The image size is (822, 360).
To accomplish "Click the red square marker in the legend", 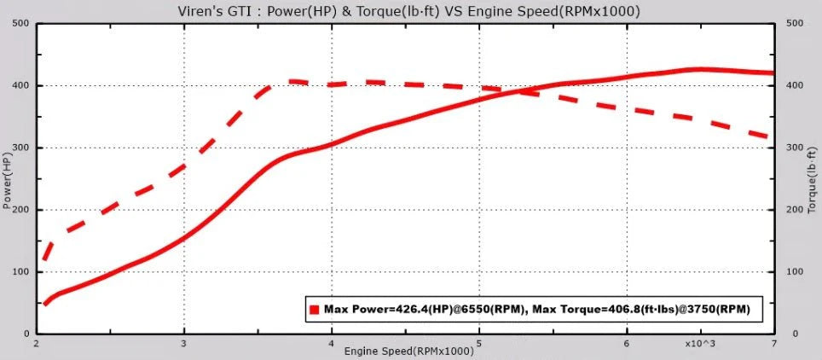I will click(315, 311).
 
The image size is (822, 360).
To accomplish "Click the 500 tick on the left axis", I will click(20, 24).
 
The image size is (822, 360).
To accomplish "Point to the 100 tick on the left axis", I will click(20, 272).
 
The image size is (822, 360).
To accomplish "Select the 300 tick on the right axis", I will click(795, 148).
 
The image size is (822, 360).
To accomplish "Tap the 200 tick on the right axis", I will click(795, 210).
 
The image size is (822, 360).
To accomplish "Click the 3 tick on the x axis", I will click(184, 343).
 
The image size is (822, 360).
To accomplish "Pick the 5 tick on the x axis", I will click(479, 343).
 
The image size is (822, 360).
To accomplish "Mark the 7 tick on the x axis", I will click(773, 343).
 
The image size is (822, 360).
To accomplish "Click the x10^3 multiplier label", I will click(701, 343).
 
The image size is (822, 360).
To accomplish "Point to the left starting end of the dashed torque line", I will click(43, 260).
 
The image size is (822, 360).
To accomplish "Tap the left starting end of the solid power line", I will click(43, 305).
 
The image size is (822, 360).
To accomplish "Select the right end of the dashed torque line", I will click(772, 137).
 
